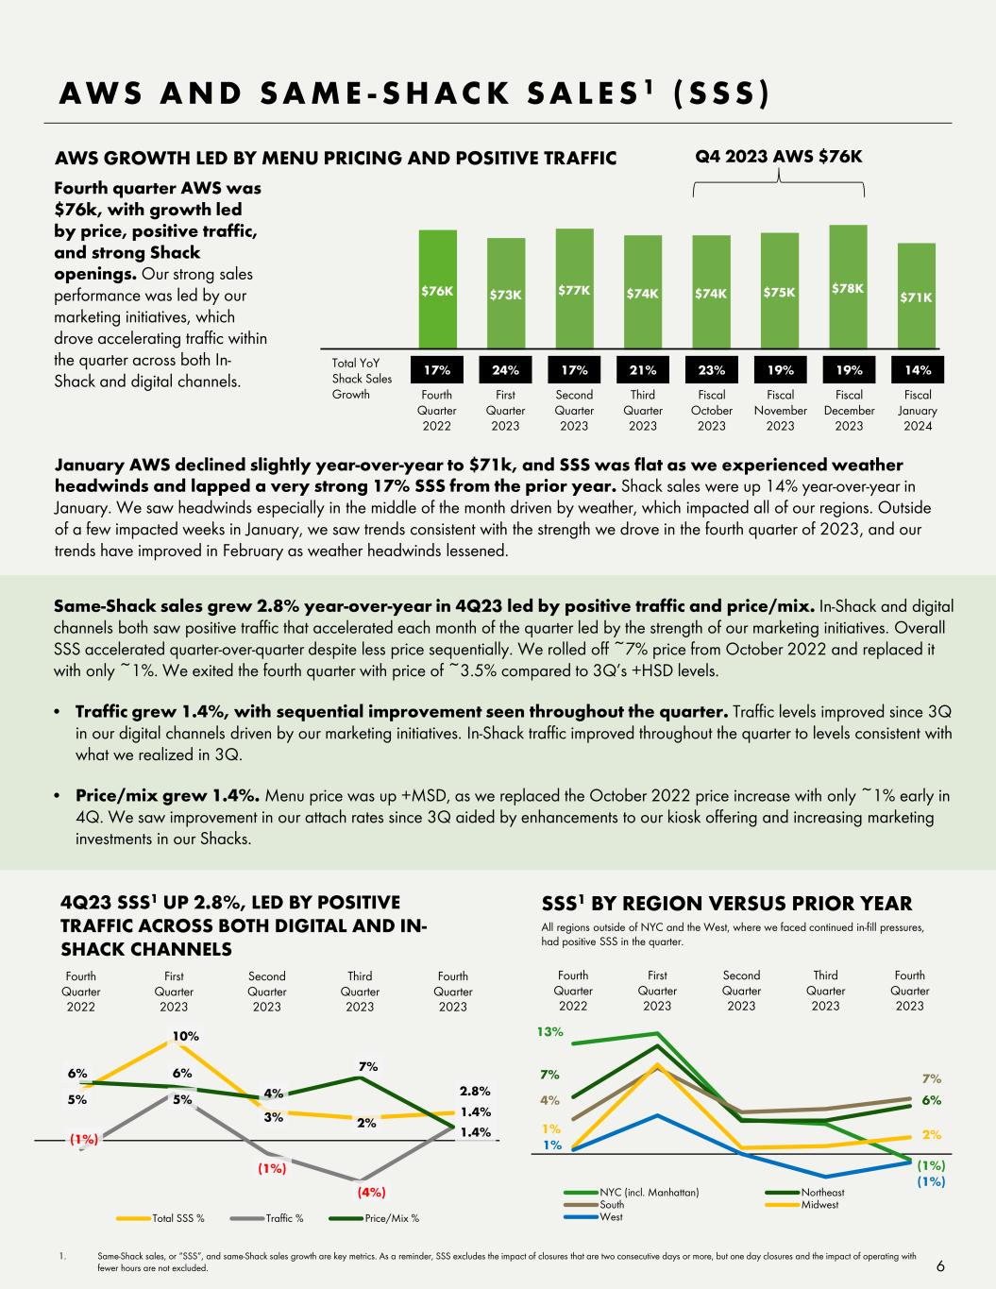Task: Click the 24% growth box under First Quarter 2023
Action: (506, 370)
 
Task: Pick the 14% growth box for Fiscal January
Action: (917, 370)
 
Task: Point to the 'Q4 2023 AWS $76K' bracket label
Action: (779, 155)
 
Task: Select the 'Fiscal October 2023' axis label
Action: (711, 410)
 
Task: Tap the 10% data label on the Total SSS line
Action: (185, 1036)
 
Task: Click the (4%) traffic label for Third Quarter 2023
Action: (371, 1192)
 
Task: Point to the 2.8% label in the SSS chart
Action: (476, 1092)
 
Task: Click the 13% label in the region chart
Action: (549, 1032)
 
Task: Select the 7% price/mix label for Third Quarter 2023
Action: (368, 1066)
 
